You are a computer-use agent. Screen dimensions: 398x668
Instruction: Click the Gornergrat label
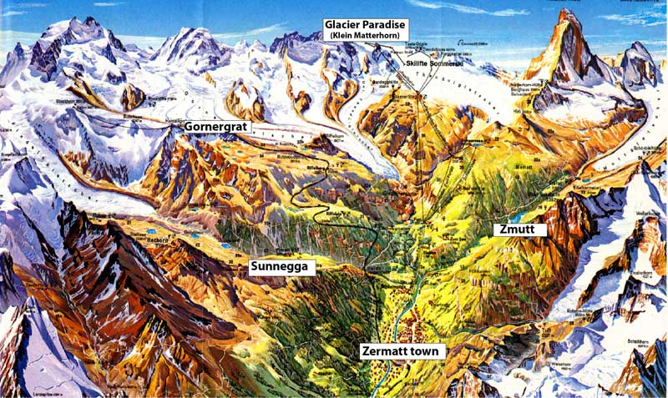[x=217, y=127]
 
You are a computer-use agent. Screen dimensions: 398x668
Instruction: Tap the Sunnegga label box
[x=284, y=267]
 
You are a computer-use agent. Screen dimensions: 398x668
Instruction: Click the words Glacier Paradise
[x=367, y=26]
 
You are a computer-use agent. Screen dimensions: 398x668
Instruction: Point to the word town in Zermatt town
[x=425, y=351]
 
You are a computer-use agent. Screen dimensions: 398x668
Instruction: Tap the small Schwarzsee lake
[x=474, y=142]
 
